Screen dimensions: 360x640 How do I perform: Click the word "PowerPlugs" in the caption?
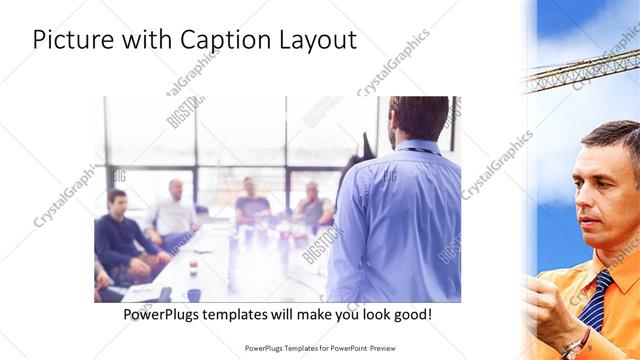[165, 314]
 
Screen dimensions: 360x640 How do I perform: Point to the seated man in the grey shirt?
[313, 205]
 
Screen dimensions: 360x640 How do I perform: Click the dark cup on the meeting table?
[193, 294]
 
